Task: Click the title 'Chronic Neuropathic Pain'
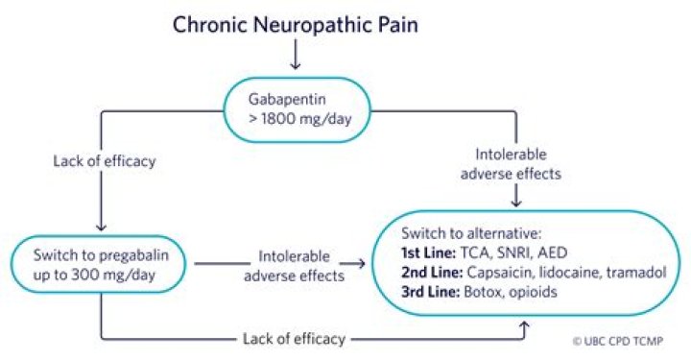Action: pos(295,24)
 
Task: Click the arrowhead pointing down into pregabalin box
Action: pos(101,227)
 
